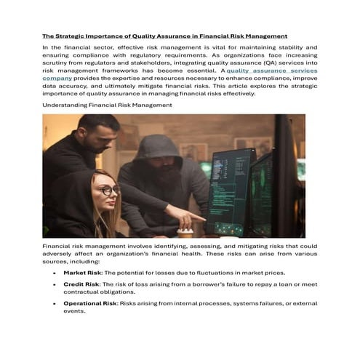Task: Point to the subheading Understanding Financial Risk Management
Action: pyautogui.click(x=107, y=105)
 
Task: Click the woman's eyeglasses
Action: pyautogui.click(x=109, y=190)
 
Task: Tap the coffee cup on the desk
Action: pyautogui.click(x=186, y=232)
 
